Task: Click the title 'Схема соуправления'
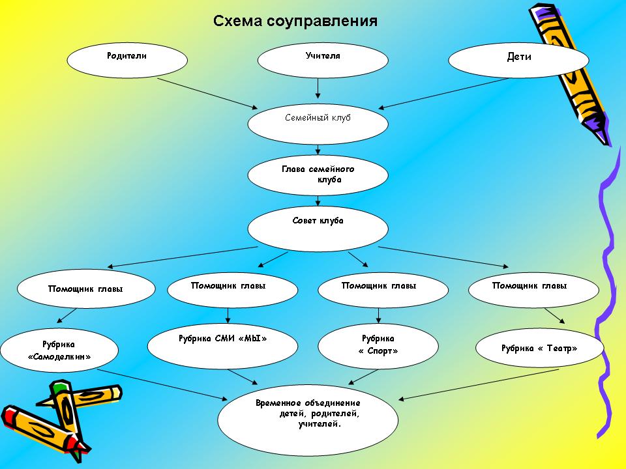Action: click(295, 21)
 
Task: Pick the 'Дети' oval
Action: click(518, 61)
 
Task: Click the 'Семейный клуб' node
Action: click(318, 122)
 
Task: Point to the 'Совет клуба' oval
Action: click(318, 227)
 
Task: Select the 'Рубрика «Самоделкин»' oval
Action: click(59, 352)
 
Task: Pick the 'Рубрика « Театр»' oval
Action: click(539, 349)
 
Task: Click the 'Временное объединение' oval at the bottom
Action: click(308, 418)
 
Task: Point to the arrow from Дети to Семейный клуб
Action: click(445, 93)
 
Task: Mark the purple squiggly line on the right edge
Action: click(606, 293)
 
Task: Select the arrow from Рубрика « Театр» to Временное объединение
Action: click(479, 384)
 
